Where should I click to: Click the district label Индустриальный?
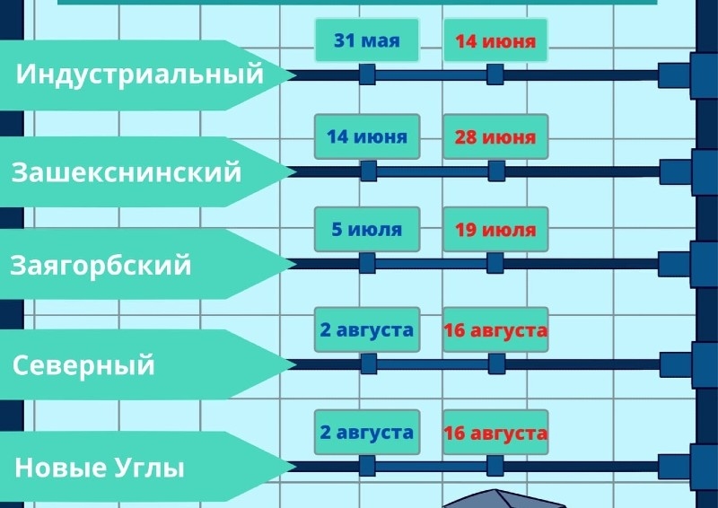tap(140, 74)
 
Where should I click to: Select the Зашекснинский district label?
tap(127, 171)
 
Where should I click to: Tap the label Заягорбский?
tap(101, 266)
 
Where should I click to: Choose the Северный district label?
tap(83, 365)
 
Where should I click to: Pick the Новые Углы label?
tap(100, 468)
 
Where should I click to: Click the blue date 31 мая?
tap(366, 40)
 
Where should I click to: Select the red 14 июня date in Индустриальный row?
tap(495, 41)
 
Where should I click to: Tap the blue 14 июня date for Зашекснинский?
tap(366, 137)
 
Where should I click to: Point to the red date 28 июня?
tap(495, 137)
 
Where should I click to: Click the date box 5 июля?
tap(366, 230)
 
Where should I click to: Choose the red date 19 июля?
tap(495, 230)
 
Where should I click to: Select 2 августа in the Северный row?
tap(366, 330)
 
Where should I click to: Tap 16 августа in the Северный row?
tap(495, 330)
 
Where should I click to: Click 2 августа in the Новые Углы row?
tap(366, 433)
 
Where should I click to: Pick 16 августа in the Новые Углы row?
tap(495, 433)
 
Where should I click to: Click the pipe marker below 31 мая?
tap(367, 74)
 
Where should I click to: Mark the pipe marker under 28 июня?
tap(495, 171)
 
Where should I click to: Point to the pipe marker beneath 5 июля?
tap(367, 263)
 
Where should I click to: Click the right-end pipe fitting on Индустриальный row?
tap(674, 75)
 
